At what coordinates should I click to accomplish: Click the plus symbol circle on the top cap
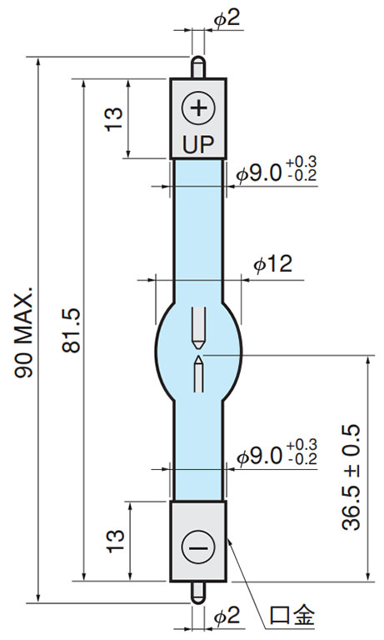(198, 108)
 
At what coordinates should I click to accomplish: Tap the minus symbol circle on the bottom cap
(198, 547)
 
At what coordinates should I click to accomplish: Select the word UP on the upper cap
(198, 144)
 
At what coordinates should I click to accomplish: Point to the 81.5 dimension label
(72, 331)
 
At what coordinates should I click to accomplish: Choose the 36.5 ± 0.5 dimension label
(351, 477)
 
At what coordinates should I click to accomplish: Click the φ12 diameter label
(273, 264)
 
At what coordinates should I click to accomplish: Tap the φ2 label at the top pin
(227, 19)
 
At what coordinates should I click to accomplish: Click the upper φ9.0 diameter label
(260, 173)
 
